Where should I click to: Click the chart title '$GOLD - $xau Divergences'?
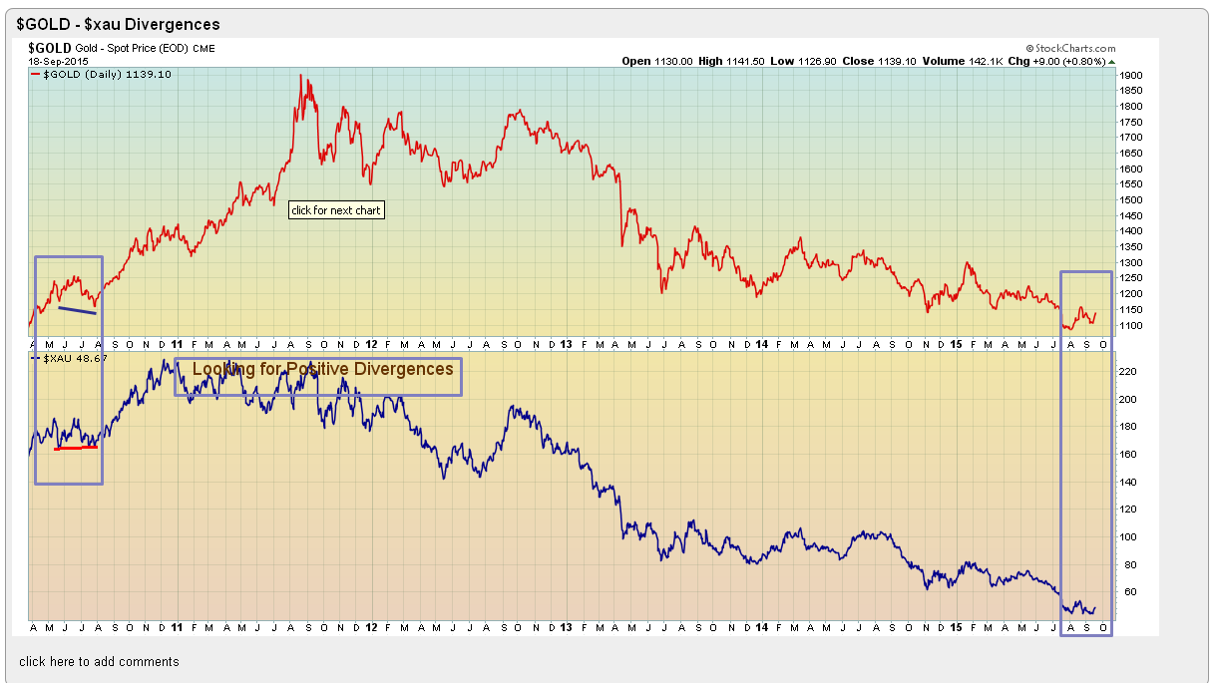pyautogui.click(x=119, y=24)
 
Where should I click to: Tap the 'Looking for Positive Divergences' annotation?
pyautogui.click(x=322, y=369)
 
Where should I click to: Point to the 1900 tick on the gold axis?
pyautogui.click(x=1131, y=75)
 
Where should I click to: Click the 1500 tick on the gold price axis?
pyautogui.click(x=1131, y=199)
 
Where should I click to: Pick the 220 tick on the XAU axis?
pyautogui.click(x=1127, y=371)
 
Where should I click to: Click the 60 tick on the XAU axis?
pyautogui.click(x=1124, y=591)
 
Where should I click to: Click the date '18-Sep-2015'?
pyautogui.click(x=59, y=61)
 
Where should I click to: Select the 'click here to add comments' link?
pyautogui.click(x=99, y=661)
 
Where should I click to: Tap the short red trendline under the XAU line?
pyautogui.click(x=76, y=448)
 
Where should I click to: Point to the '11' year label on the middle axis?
pyautogui.click(x=177, y=344)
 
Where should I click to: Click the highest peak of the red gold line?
pyautogui.click(x=302, y=76)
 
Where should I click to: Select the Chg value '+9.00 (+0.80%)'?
pyautogui.click(x=1070, y=61)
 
